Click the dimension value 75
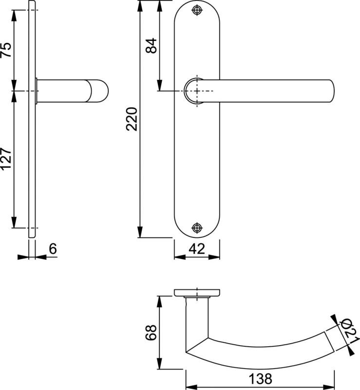pos(5,50)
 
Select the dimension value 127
pos(5,159)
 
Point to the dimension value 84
pos(151,45)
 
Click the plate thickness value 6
pos(53,249)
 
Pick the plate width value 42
pos(197,249)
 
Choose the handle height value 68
pos(151,333)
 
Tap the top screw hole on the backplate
pos(196,10)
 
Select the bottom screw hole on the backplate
pos(196,227)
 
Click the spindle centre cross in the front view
pos(196,91)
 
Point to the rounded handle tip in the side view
pos(100,91)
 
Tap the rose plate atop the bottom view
pos(197,293)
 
